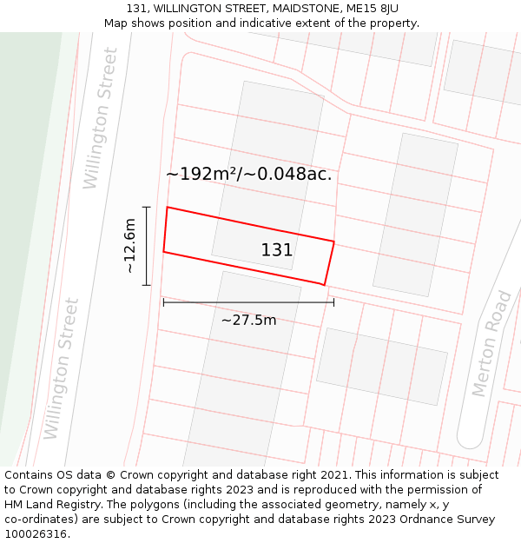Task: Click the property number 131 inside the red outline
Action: (x=277, y=250)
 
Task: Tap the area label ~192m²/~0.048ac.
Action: (x=249, y=174)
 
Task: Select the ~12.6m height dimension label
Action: (x=129, y=246)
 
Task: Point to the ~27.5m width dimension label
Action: (x=249, y=321)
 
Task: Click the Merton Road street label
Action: (x=493, y=344)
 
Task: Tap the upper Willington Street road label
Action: (x=101, y=118)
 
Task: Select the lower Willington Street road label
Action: (x=62, y=368)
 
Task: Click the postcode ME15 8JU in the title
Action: (x=368, y=9)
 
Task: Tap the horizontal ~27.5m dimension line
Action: (x=248, y=302)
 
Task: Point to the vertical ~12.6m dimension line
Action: (x=147, y=246)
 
